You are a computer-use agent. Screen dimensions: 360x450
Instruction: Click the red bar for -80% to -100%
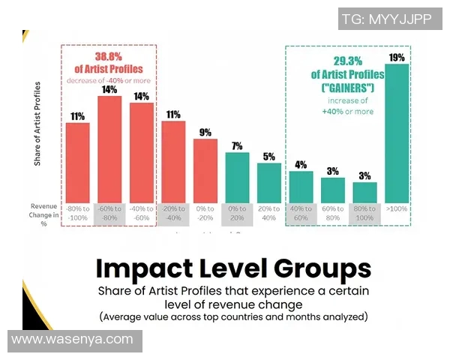77,161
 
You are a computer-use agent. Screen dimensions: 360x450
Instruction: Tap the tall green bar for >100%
397,133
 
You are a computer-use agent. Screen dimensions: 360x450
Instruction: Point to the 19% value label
397,57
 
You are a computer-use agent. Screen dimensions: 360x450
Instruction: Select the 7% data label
237,146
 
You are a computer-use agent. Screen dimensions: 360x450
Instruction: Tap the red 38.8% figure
109,57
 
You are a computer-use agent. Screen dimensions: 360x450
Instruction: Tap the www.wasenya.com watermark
73,339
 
